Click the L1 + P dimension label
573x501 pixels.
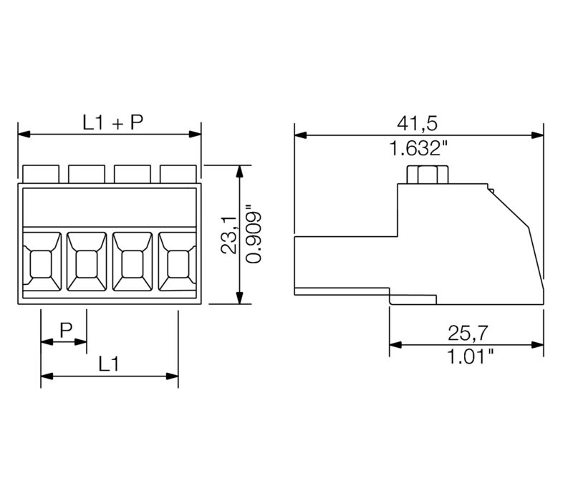[x=112, y=122]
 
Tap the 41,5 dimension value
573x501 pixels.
[x=418, y=123]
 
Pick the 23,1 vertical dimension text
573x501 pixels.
[x=228, y=233]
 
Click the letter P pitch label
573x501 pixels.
[x=65, y=329]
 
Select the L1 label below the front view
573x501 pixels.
[x=109, y=364]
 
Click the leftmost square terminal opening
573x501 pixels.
[x=42, y=264]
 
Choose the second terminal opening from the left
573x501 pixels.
[x=87, y=264]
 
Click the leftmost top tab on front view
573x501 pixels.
[x=41, y=173]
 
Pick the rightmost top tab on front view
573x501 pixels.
[x=178, y=173]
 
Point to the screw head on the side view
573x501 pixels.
[x=424, y=174]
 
